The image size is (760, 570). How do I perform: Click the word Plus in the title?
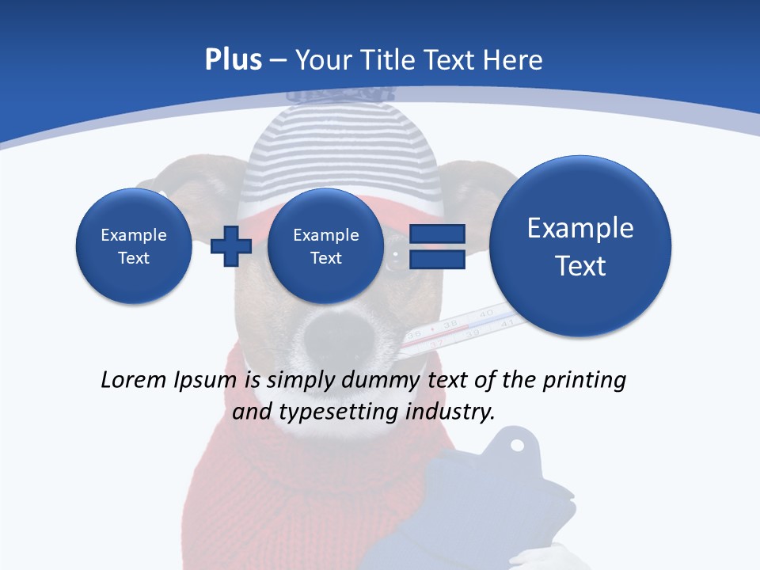pos(233,60)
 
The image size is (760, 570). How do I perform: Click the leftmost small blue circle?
pos(133,246)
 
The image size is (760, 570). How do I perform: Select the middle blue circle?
pos(325,246)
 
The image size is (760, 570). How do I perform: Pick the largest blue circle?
pos(580,246)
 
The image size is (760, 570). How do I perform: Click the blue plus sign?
pos(230,246)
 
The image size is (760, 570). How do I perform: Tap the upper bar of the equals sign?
pos(436,234)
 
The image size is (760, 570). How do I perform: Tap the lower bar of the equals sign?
pos(436,260)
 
